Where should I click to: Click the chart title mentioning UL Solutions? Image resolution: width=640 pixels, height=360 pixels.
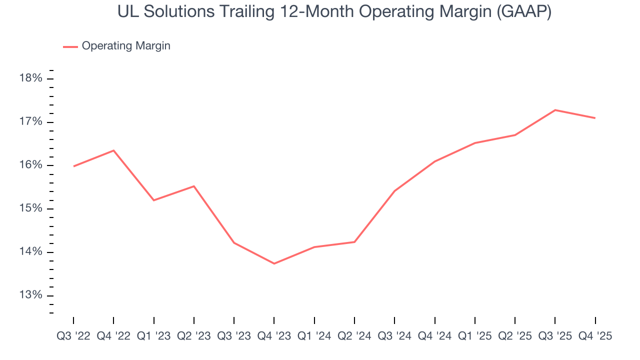point(334,12)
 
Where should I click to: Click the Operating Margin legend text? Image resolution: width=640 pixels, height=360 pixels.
point(126,46)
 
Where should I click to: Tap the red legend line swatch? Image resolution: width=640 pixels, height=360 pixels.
point(70,46)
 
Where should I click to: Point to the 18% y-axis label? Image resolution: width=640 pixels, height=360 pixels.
point(31,78)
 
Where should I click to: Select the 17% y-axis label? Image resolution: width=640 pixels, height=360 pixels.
point(31,122)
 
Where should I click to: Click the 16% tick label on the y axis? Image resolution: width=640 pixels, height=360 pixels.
point(31,165)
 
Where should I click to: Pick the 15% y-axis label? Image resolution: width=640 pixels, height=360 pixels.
point(31,208)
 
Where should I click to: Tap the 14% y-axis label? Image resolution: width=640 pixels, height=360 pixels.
point(31,252)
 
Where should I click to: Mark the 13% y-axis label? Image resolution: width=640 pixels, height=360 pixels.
point(31,295)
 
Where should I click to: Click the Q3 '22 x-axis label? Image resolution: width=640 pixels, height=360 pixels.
point(73,336)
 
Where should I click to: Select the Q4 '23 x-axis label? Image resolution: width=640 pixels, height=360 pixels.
point(274,336)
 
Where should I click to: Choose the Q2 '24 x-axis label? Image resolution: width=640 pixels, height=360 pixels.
point(354,336)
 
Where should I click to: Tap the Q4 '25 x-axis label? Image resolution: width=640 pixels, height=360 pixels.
point(595,336)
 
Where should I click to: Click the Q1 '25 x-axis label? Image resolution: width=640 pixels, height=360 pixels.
point(474,336)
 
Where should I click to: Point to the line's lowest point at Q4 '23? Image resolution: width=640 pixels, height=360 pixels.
point(274,263)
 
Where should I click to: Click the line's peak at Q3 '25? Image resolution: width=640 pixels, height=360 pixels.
point(555,110)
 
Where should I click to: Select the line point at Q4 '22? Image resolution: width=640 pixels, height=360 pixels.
point(113,150)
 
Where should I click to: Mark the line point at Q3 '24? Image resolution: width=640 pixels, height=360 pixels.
point(394,191)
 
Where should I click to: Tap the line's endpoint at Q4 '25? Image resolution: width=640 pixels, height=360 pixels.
point(595,118)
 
